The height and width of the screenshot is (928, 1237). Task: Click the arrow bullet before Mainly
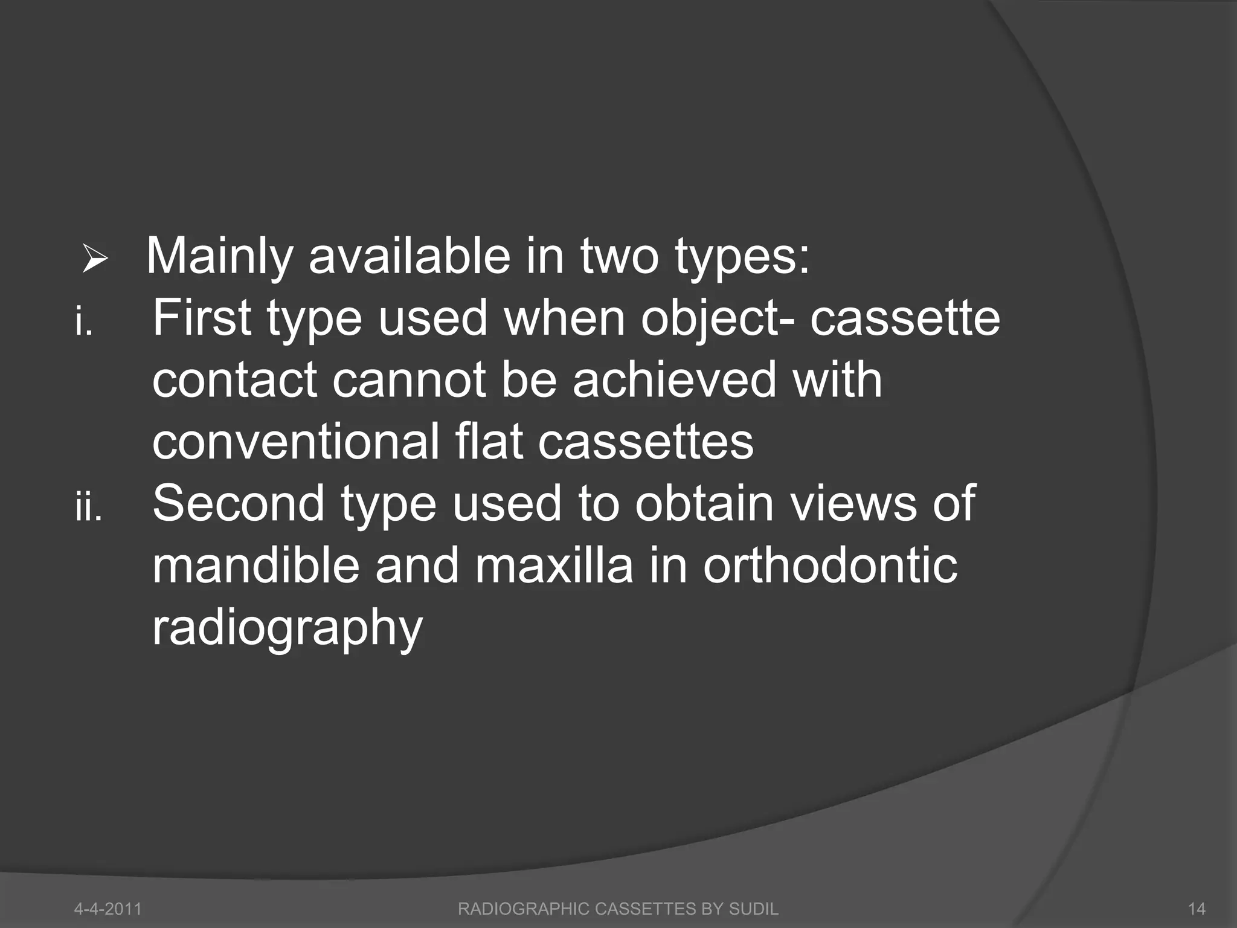click(95, 261)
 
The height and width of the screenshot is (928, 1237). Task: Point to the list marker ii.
click(88, 507)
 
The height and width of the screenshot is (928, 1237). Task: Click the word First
click(202, 318)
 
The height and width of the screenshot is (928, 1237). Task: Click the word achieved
click(673, 381)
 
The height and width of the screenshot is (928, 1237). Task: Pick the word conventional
click(296, 442)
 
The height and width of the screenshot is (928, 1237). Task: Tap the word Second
click(239, 504)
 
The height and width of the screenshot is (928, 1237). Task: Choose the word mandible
click(255, 566)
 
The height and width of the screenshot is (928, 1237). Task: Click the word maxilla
click(554, 566)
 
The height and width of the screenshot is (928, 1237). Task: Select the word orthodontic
click(831, 566)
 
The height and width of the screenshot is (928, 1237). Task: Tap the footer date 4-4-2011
click(108, 909)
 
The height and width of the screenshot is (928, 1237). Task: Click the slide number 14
click(1197, 909)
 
